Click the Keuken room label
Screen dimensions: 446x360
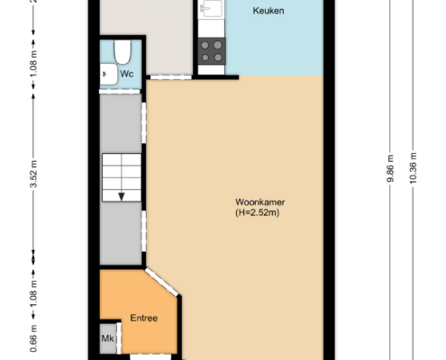coord(269,11)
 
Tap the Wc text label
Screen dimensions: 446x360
coord(127,74)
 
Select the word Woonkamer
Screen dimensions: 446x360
coord(260,202)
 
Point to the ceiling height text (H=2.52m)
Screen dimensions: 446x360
coord(258,212)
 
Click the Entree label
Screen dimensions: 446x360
coord(144,318)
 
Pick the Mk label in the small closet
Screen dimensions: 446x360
coord(107,338)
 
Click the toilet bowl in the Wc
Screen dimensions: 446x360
coord(123,52)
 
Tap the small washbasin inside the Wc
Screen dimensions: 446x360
coord(108,74)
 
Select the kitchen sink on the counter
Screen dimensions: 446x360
coord(211,9)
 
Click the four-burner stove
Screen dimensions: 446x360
coord(212,51)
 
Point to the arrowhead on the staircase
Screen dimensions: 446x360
coord(122,197)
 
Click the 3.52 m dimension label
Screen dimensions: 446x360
coord(33,174)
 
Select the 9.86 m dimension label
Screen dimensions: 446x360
coord(390,168)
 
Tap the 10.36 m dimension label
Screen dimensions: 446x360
coord(413,168)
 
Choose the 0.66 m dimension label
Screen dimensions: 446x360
coord(33,338)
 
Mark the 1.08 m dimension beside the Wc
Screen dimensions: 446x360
coord(33,63)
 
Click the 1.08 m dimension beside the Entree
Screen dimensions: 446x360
coord(33,293)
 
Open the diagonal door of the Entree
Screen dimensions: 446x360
coord(161,283)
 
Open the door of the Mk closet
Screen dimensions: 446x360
coord(119,338)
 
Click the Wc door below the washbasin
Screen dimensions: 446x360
coord(120,92)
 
